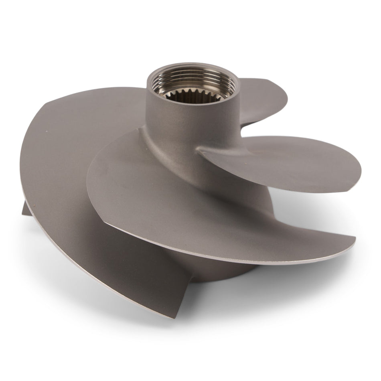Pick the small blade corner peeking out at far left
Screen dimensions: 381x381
pos(25,209)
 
